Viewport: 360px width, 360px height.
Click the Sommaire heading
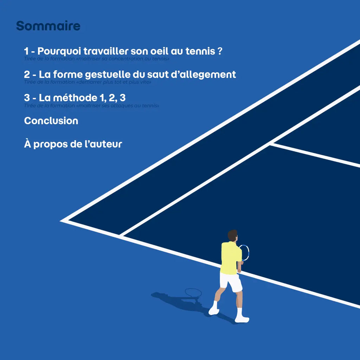(x=48, y=26)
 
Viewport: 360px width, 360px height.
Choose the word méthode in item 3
(x=75, y=98)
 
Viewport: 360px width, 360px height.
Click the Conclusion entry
(x=51, y=121)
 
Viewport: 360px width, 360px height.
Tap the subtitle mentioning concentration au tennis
(x=97, y=59)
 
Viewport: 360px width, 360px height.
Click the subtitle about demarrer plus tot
(x=88, y=82)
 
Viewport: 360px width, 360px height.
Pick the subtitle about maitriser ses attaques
(x=91, y=105)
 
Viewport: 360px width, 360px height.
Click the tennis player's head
(x=232, y=236)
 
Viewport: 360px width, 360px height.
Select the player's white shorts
(x=231, y=282)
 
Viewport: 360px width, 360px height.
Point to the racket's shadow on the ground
(x=193, y=293)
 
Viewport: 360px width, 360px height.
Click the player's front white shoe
(x=242, y=319)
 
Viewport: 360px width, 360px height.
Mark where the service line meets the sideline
(x=271, y=144)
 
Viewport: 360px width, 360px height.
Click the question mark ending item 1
(x=220, y=51)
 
